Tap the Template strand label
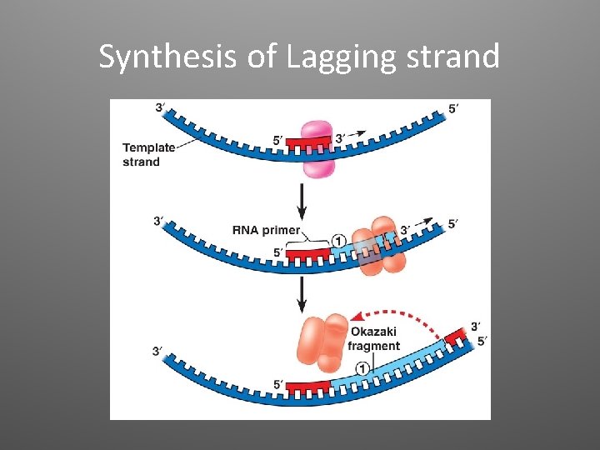coord(148,154)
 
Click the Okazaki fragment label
coord(373,339)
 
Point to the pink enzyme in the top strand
coord(317,148)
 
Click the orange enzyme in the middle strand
coord(381,245)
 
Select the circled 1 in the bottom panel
coord(362,367)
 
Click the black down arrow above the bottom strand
coord(301,292)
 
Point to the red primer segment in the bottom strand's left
coord(308,387)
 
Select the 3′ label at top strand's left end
coord(159,107)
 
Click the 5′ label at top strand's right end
coord(452,107)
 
